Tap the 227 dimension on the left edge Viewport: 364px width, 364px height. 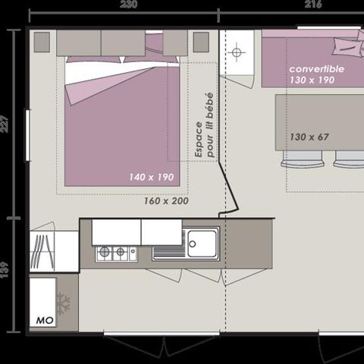(5, 122)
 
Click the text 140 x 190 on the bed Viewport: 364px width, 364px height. (152, 177)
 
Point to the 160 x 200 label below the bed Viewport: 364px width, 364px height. (166, 201)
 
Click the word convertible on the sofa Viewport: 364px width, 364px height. (317, 68)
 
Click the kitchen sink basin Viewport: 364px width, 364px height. (202, 243)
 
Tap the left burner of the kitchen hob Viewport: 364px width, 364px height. (103, 253)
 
